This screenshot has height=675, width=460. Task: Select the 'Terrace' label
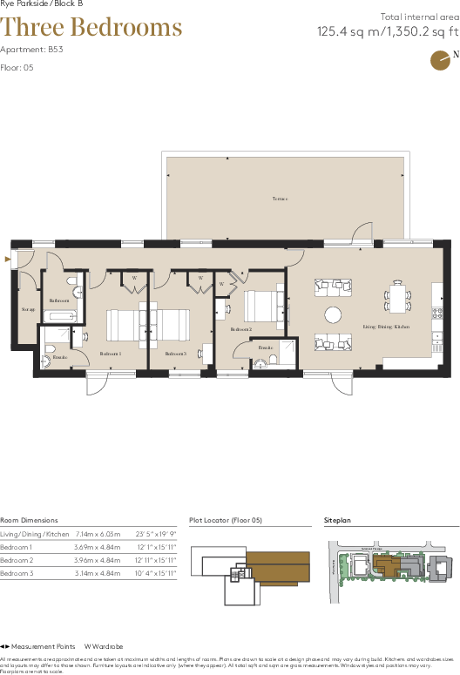(x=279, y=199)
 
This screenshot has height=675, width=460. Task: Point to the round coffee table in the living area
(x=334, y=314)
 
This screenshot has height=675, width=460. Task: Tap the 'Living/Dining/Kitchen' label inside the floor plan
(x=386, y=327)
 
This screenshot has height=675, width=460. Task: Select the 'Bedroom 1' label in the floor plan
(x=110, y=354)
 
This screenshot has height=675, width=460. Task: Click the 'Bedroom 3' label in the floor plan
(x=176, y=354)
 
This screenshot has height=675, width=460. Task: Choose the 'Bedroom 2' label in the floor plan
(x=241, y=329)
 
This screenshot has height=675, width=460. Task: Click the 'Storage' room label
(x=28, y=309)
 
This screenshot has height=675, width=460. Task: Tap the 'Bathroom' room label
(x=59, y=300)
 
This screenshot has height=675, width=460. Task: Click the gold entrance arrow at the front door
(x=7, y=259)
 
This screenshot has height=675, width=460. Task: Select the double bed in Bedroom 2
(x=261, y=307)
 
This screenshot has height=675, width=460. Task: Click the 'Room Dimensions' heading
(x=30, y=519)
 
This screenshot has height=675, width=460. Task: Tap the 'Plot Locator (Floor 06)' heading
(x=226, y=519)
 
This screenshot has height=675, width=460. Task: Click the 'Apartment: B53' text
(x=31, y=50)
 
